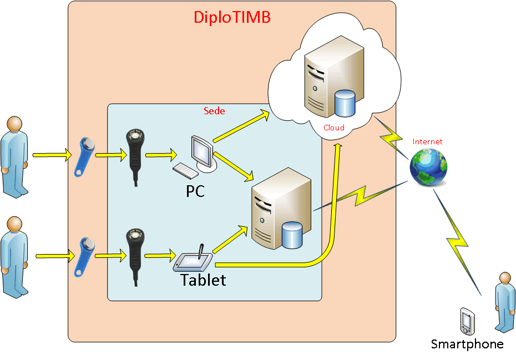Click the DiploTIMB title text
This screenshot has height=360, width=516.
(x=232, y=17)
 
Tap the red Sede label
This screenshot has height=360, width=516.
(x=215, y=111)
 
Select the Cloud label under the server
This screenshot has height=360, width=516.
(x=334, y=128)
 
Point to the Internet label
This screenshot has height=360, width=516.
(x=427, y=141)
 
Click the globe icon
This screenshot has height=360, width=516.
(x=428, y=166)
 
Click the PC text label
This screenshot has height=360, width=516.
(x=195, y=191)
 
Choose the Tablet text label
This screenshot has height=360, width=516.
(x=203, y=280)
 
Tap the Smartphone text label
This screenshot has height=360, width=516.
(x=467, y=344)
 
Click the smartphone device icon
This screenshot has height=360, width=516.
(x=467, y=320)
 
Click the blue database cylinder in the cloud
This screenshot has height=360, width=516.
(x=345, y=103)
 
